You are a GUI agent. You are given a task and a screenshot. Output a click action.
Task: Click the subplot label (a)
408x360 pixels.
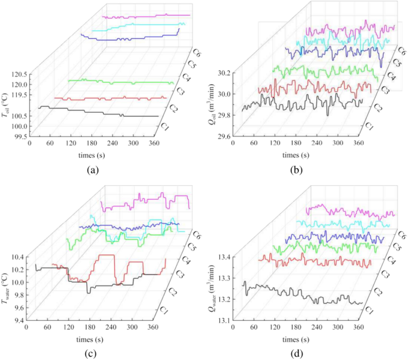pyautogui.click(x=92, y=170)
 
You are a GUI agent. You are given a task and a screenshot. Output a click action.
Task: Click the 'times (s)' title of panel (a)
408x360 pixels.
pyautogui.click(x=92, y=156)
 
